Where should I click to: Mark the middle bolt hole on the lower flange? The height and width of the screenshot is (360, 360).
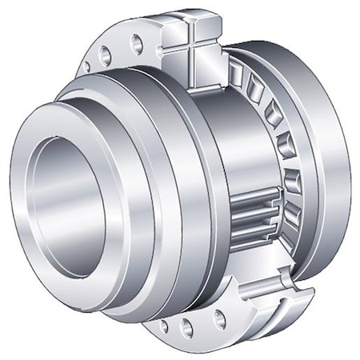pos(187,326)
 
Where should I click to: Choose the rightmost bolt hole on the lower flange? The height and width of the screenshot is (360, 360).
pos(217,319)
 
